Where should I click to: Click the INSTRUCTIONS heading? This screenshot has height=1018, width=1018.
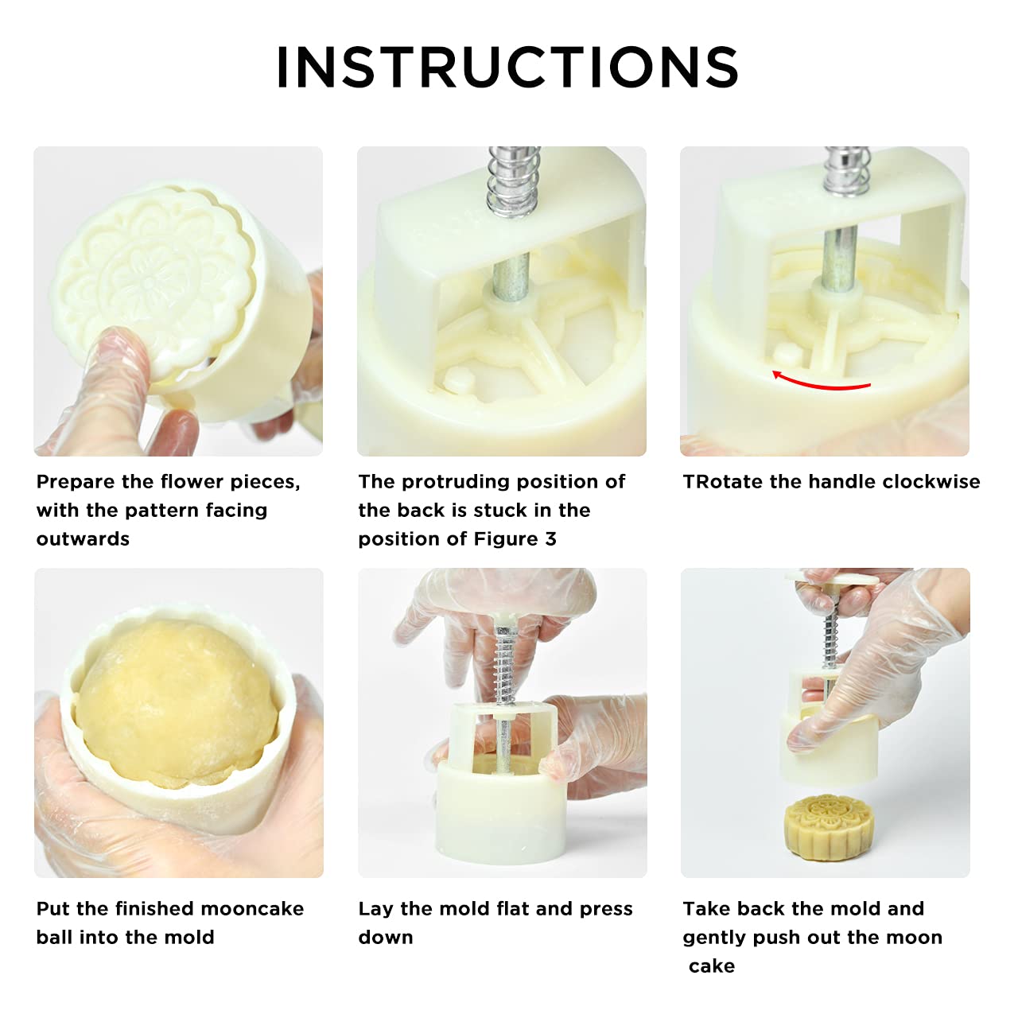pos(507,67)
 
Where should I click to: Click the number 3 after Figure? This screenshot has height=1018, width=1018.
pos(550,539)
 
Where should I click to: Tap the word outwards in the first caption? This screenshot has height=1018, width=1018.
pos(83,539)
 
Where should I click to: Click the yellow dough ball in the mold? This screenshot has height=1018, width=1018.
pos(177,702)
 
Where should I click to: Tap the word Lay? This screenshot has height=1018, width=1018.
pos(376,910)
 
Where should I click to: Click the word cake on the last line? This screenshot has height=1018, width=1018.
pos(712,966)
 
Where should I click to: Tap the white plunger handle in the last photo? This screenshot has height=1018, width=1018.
pos(832,577)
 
